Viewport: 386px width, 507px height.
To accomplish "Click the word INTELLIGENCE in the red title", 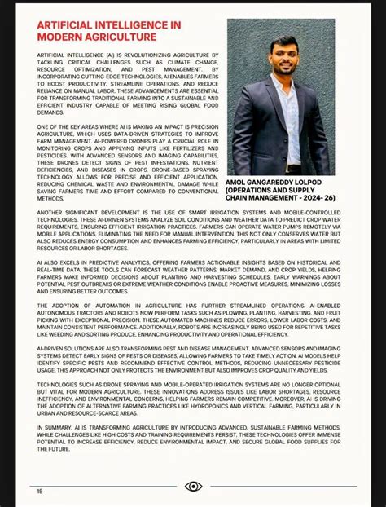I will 126,26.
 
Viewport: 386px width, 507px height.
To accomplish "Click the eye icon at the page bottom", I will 193,487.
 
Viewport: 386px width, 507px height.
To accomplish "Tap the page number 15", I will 39,491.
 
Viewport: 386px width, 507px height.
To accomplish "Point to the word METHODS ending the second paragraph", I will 50,198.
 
